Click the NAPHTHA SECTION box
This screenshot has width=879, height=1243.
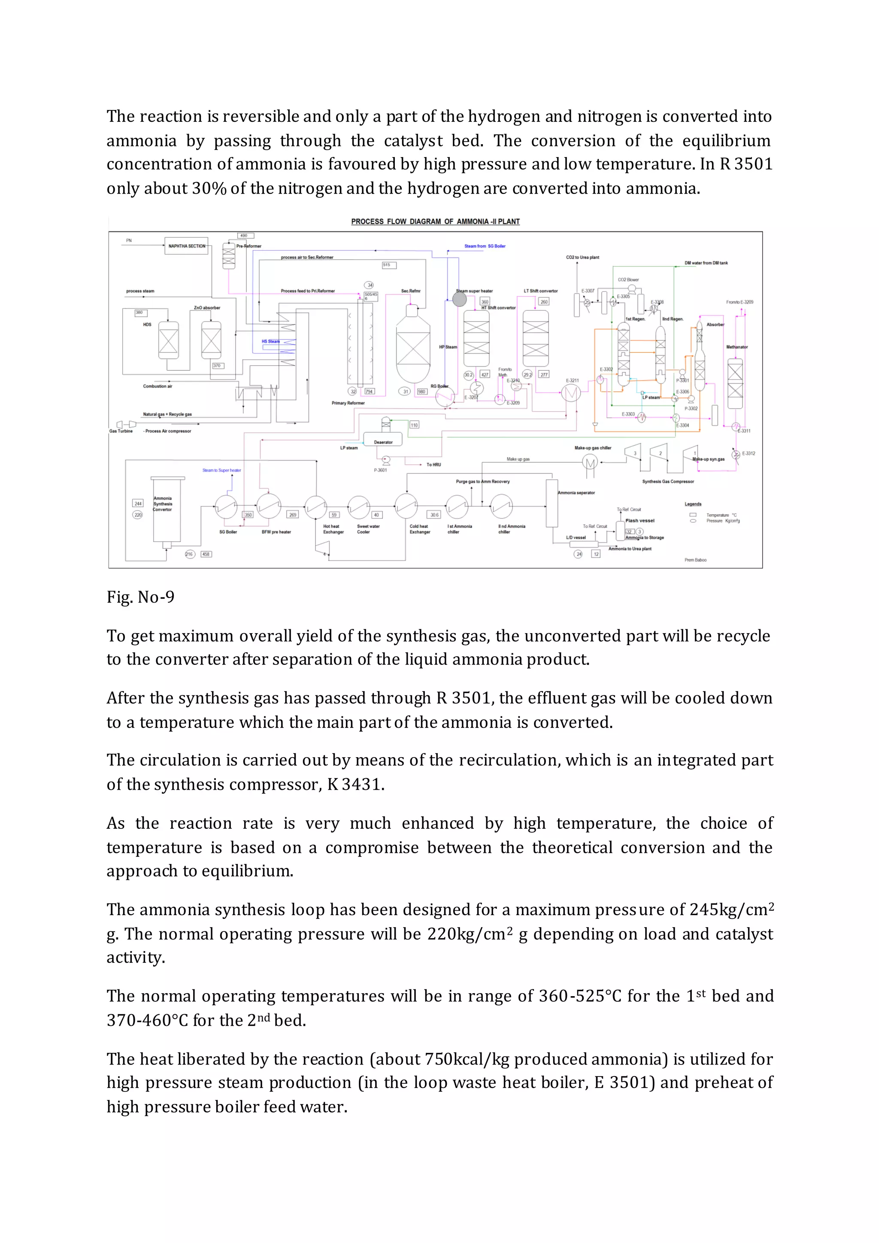click(x=186, y=246)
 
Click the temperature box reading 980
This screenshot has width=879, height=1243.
click(x=421, y=391)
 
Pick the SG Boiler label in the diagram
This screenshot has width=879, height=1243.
click(x=228, y=532)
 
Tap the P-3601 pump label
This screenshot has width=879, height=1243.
click(x=381, y=470)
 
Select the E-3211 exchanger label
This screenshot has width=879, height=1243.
click(x=572, y=381)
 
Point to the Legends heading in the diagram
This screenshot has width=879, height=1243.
click(x=693, y=504)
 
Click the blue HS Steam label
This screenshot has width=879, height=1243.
click(x=271, y=342)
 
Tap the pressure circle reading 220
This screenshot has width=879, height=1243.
click(x=138, y=515)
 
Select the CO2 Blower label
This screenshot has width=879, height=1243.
click(x=628, y=280)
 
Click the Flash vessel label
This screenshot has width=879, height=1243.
click(x=640, y=521)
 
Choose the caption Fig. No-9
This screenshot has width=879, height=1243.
click(x=141, y=597)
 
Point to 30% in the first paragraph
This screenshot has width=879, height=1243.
click(x=209, y=188)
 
